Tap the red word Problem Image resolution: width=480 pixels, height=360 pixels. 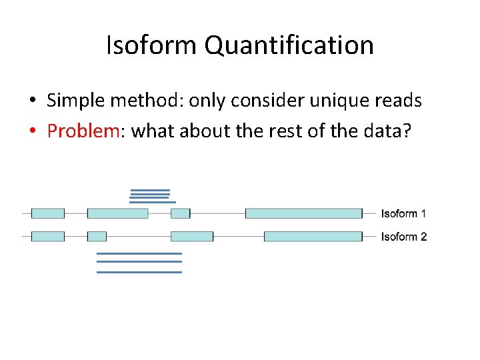coord(83,131)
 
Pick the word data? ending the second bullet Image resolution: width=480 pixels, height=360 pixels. coord(391,131)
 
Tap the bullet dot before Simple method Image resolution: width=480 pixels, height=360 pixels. coord(32,101)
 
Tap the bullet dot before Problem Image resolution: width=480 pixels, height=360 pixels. coord(32,131)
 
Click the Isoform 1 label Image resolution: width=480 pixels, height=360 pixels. coord(403,214)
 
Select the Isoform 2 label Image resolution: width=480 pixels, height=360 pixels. coord(403,237)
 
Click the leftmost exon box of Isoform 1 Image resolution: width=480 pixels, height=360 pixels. coord(48,213)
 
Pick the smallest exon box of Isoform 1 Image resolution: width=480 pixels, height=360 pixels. coord(180,213)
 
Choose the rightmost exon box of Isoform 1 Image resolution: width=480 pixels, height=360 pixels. coord(303,213)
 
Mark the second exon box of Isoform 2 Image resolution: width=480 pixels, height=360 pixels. coord(97,237)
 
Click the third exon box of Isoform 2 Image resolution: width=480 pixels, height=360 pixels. coord(192,237)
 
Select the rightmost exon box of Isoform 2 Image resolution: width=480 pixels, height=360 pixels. coord(313,237)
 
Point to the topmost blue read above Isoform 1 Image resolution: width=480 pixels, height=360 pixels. coord(150,190)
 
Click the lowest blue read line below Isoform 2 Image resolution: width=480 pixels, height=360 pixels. coord(139,272)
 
